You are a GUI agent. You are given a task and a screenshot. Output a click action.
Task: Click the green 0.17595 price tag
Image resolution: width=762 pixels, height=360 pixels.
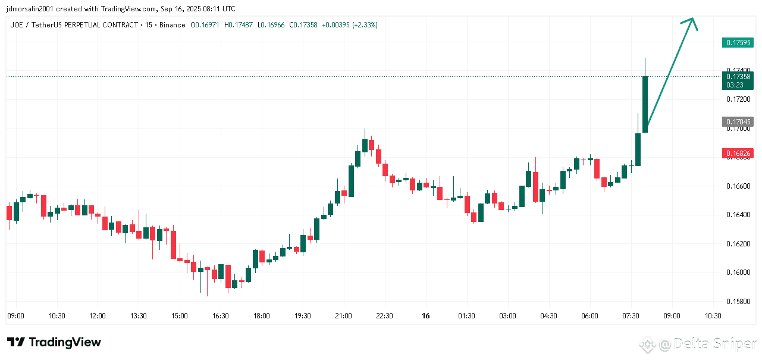coord(737,42)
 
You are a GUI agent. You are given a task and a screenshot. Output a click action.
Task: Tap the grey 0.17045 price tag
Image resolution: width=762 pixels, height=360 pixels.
coord(737,121)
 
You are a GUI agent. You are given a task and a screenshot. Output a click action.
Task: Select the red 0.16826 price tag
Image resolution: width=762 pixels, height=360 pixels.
coord(737,154)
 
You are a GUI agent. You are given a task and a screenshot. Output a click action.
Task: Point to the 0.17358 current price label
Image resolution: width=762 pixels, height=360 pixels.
coord(737,76)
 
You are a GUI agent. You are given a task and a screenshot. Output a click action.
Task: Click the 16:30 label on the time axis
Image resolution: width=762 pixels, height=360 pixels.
coord(220,315)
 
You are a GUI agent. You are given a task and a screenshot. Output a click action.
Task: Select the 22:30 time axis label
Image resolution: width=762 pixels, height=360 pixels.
coord(384,315)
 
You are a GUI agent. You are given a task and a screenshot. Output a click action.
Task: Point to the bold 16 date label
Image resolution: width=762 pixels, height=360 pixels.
coord(425,315)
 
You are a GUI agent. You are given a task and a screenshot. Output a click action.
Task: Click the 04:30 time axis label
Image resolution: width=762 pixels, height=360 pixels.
coord(548,315)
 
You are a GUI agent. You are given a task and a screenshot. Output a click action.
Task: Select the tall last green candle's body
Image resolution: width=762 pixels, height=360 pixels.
coord(645,104)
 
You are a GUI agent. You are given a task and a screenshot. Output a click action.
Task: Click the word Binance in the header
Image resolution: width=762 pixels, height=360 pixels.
coord(173,25)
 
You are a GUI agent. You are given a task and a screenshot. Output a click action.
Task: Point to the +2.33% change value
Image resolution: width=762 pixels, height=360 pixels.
coord(365,25)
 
